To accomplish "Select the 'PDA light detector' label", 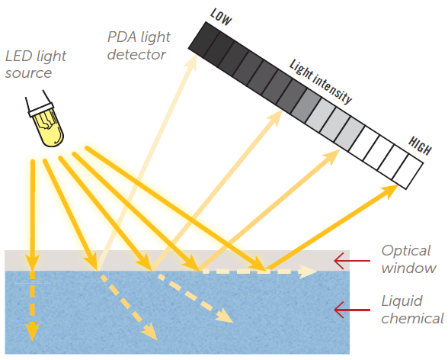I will click(136, 46).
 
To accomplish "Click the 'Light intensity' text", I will click(321, 82).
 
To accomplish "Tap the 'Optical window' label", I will click(408, 259).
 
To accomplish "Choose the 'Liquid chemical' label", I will click(412, 310).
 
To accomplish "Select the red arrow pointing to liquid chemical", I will click(350, 310).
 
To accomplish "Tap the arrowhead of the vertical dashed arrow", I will click(32, 333).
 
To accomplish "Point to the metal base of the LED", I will click(38, 107).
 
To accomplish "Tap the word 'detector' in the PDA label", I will click(136, 55).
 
